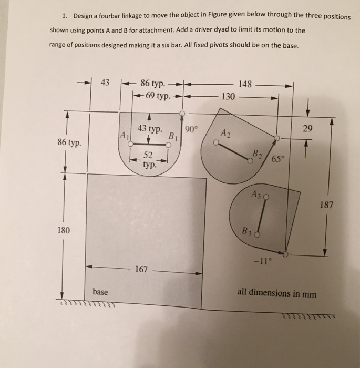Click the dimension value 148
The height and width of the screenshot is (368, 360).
coord(245,84)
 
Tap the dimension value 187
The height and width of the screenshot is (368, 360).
coord(326,205)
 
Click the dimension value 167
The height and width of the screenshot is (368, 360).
coord(141,270)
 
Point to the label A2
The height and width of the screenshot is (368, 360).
coord(225,132)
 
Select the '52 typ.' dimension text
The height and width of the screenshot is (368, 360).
coord(149,159)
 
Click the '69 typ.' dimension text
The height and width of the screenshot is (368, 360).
coord(156,96)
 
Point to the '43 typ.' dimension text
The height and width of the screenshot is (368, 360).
coord(150,129)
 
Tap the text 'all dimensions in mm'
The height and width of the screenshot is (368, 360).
coord(277,293)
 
